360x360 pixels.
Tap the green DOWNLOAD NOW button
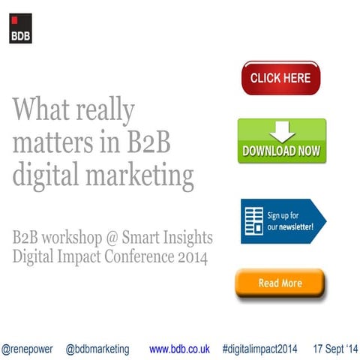[x=281, y=141]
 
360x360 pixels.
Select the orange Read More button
[x=280, y=283]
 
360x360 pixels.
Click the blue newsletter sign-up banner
[x=283, y=220]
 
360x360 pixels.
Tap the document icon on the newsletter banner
[x=253, y=220]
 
